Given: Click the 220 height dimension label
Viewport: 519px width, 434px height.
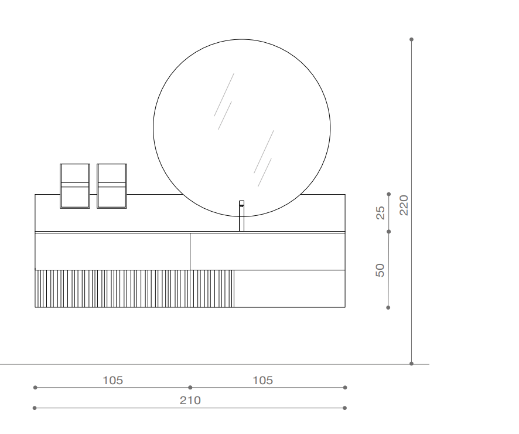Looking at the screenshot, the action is click(x=404, y=205).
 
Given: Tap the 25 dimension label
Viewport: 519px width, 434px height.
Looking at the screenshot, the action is click(x=381, y=213).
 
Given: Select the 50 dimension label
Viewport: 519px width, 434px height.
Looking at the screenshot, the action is click(x=380, y=270).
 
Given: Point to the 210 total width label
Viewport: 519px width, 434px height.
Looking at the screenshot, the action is click(x=190, y=401).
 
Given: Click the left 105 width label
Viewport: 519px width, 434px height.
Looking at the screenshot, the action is click(x=113, y=380).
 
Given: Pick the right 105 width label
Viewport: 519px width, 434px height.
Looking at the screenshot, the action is click(x=263, y=380).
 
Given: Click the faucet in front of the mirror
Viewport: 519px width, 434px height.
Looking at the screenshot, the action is click(x=241, y=216).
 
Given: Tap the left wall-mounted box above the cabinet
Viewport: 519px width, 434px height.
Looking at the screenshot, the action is click(x=75, y=186).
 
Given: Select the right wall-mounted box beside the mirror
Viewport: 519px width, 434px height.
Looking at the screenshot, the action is click(x=112, y=186).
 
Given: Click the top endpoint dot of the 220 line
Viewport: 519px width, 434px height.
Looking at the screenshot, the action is click(x=411, y=39).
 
